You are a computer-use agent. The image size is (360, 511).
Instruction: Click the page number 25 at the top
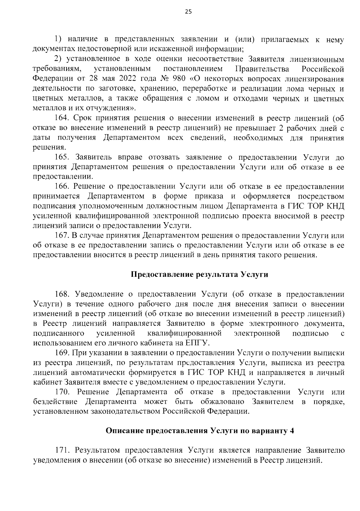(x=180, y=12)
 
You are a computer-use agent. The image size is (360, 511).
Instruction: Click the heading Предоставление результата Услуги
(x=199, y=275)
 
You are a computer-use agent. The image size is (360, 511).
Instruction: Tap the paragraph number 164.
(x=62, y=118)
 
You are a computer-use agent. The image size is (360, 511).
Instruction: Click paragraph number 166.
(x=62, y=186)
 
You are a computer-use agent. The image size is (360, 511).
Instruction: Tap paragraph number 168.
(x=62, y=294)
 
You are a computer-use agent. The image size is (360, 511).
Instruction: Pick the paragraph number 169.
(x=62, y=353)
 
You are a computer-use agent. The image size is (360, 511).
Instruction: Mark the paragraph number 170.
(x=62, y=392)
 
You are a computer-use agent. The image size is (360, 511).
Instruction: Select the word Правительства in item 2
(x=262, y=69)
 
